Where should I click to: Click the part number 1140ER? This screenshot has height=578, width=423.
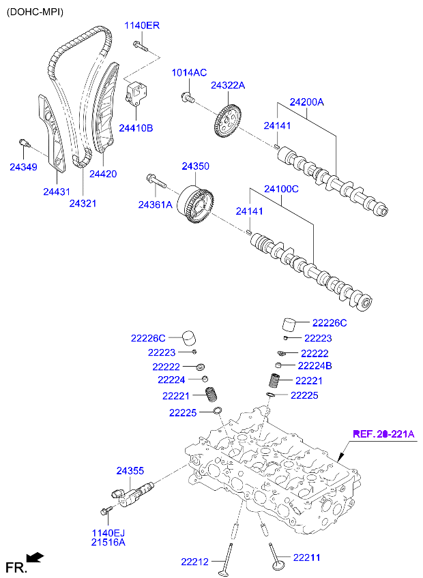141,26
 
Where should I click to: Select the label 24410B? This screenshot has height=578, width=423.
136,127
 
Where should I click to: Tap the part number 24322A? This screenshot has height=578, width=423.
227,85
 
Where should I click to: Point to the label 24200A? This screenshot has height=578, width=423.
306,102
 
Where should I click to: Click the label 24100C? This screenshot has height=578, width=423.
281,188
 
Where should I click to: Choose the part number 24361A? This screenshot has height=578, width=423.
155,204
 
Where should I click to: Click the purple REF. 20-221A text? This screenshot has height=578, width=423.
383,433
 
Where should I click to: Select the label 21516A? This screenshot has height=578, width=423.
110,543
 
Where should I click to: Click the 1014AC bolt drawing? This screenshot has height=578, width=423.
186,98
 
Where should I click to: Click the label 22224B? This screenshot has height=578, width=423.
315,366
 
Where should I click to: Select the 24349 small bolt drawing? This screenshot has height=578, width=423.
25,143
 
